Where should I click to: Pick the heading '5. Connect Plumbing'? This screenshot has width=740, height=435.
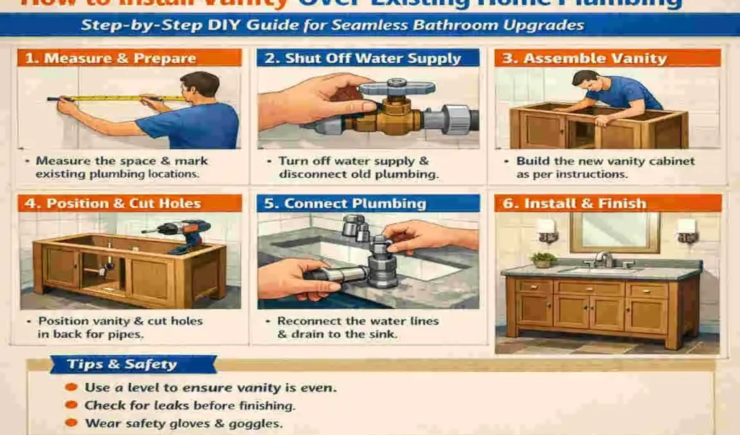coord(345,203)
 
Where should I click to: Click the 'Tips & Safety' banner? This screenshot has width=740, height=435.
coord(121,365)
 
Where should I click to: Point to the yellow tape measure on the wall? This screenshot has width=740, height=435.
coord(116,98)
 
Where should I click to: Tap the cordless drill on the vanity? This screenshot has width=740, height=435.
coord(185,234)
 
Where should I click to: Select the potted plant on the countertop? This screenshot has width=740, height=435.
coord(543,259)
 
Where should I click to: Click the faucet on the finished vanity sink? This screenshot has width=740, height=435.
coord(604,259)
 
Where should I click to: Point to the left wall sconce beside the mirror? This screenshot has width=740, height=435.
coord(546,230)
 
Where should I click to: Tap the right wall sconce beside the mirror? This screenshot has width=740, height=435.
coord(686,230)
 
